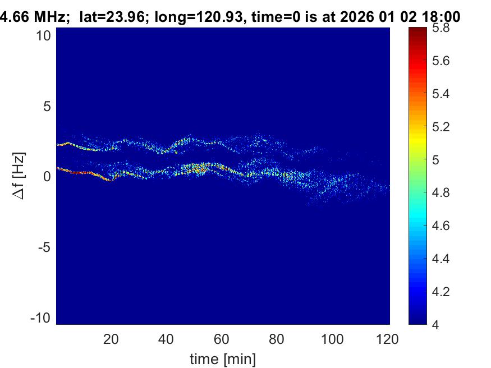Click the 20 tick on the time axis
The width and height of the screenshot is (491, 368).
111,339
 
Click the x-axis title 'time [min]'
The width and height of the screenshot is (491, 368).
223,358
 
